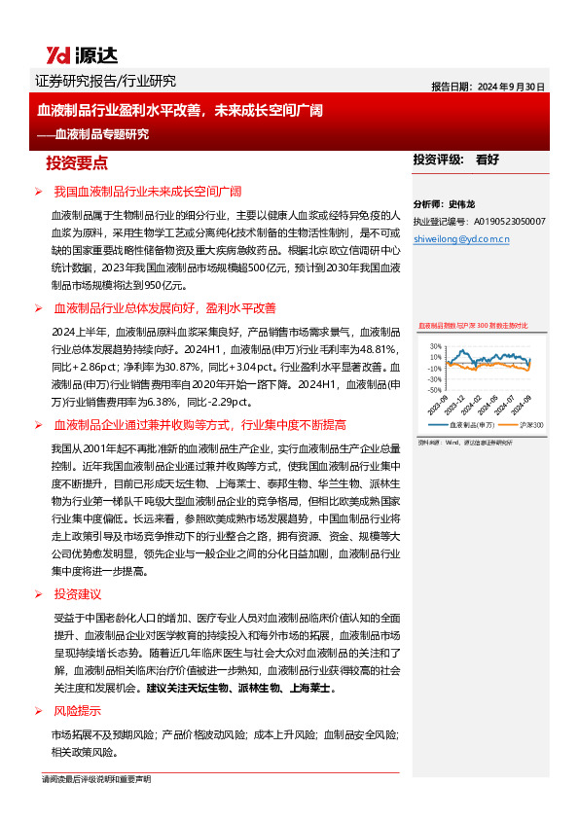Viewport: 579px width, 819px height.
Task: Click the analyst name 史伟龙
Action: (x=462, y=205)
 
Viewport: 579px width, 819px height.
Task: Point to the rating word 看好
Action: (x=487, y=160)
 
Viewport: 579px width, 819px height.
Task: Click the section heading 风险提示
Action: (x=77, y=710)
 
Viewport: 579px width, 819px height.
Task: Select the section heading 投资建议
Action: (x=77, y=594)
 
